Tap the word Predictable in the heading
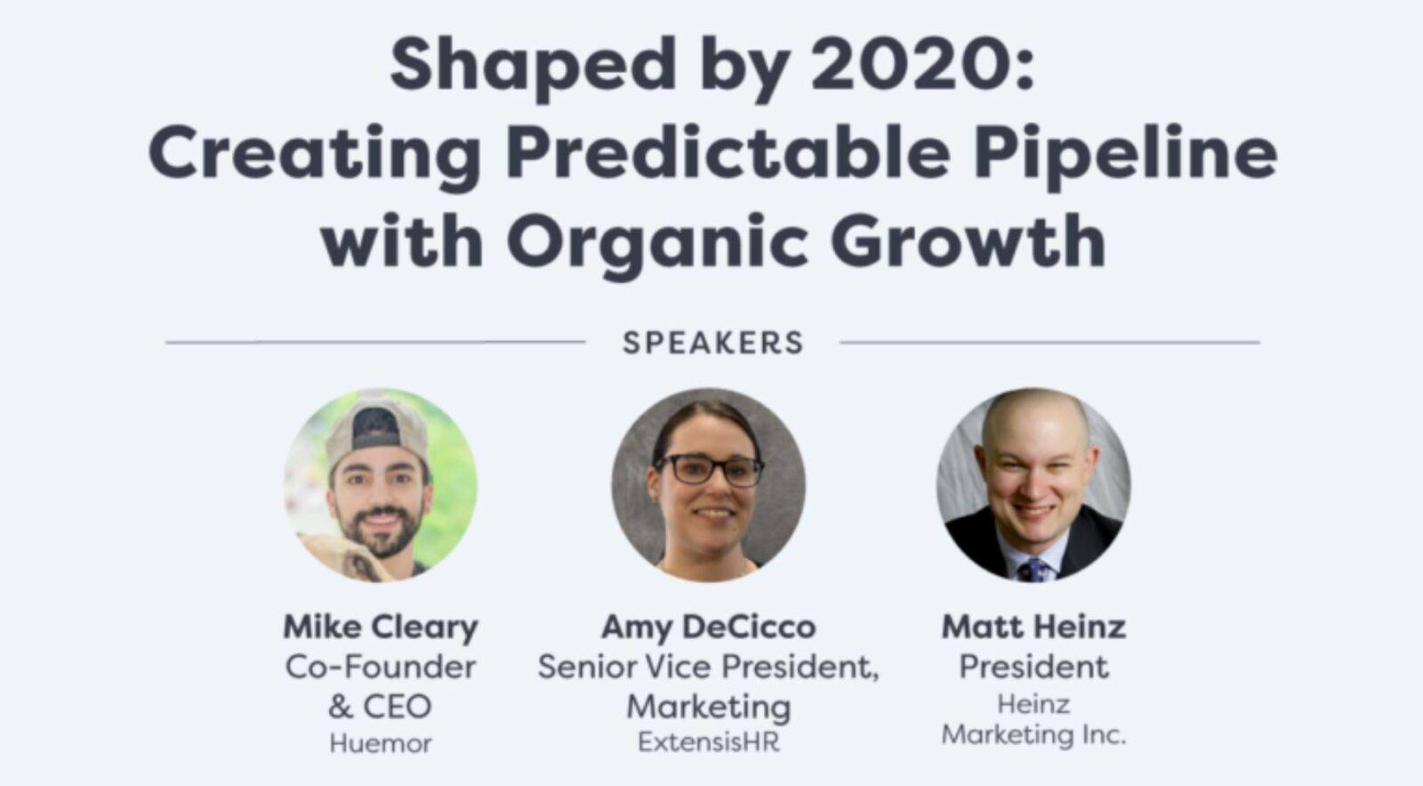[x=728, y=153]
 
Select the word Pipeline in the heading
[x=1125, y=153]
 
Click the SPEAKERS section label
[x=713, y=343]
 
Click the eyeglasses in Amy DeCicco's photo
[x=709, y=469]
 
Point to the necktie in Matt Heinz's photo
[x=1033, y=570]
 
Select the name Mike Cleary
[x=381, y=627]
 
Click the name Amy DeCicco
[x=709, y=627]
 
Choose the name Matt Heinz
[x=1034, y=627]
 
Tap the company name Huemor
[x=381, y=743]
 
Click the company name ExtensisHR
[x=709, y=742]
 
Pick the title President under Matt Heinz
[x=1034, y=667]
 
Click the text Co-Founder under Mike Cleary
[x=381, y=667]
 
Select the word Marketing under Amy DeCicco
[x=709, y=707]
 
